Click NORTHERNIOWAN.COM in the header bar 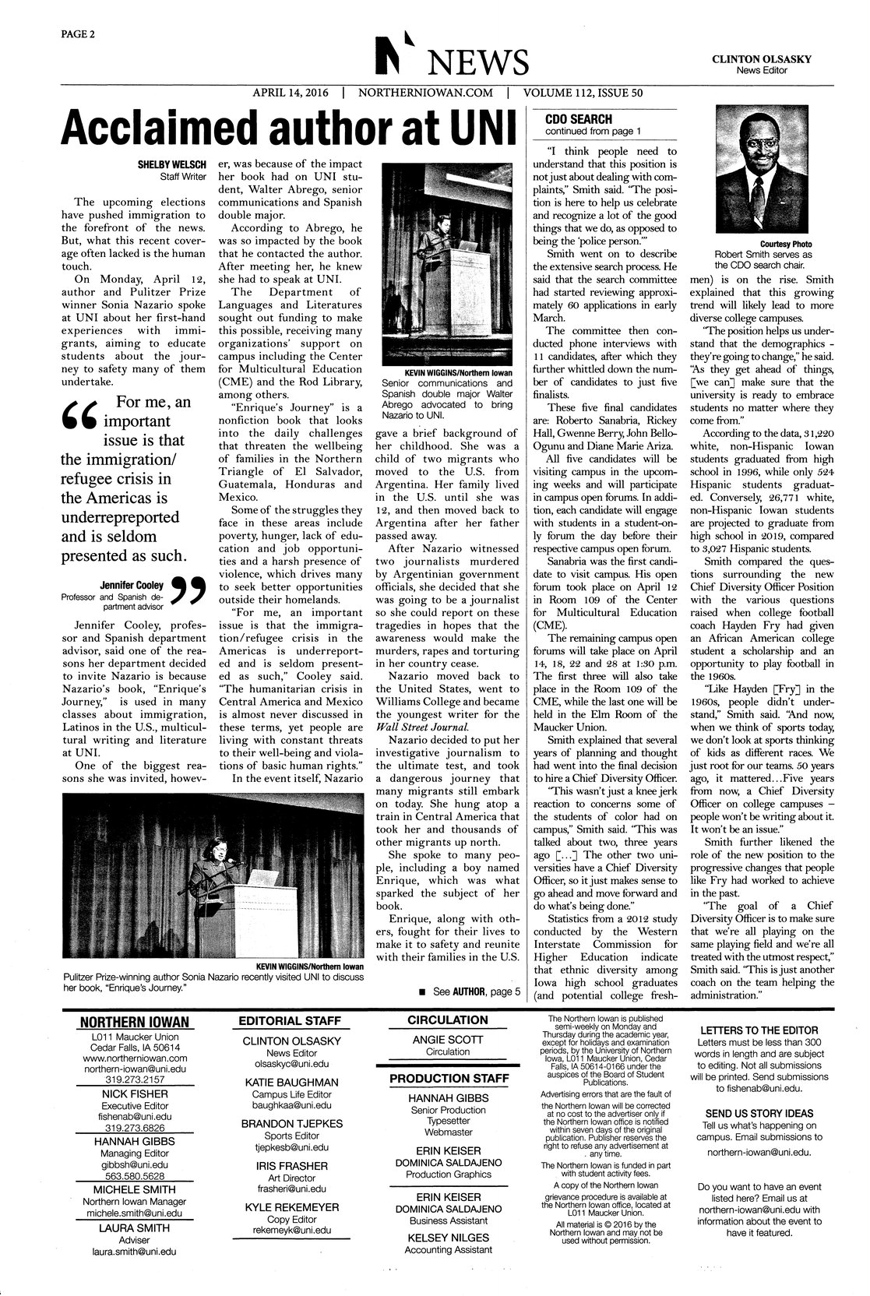pyautogui.click(x=425, y=93)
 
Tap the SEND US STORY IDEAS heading pyautogui.click(x=759, y=1112)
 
